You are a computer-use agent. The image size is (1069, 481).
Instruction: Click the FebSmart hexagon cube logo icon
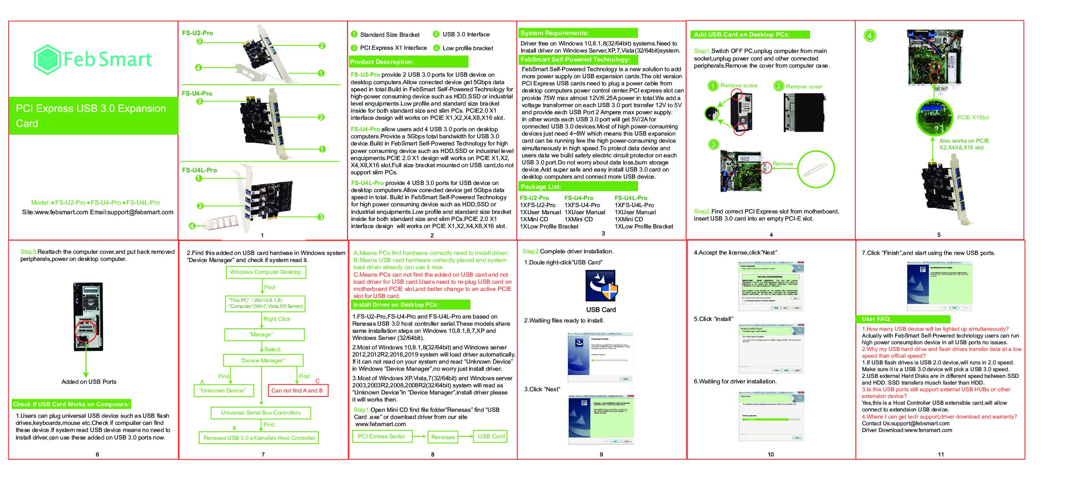click(47, 59)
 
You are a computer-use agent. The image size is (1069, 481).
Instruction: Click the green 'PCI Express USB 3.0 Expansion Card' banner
click(93, 116)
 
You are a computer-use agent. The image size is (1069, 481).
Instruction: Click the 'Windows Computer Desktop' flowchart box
click(265, 272)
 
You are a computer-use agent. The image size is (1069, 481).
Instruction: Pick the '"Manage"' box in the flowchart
click(264, 334)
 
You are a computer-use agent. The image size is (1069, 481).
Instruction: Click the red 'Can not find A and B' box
click(297, 390)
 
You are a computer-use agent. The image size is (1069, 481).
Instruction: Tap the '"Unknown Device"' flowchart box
click(222, 390)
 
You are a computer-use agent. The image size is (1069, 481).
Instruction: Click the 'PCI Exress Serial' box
click(381, 436)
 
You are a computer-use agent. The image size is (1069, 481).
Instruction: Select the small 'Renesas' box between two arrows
click(443, 437)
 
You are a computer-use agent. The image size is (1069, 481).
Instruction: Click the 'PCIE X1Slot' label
click(972, 117)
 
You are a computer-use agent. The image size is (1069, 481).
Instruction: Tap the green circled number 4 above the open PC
click(870, 35)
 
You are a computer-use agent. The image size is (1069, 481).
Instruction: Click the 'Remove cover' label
click(804, 87)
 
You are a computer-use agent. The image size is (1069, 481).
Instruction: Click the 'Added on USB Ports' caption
click(89, 382)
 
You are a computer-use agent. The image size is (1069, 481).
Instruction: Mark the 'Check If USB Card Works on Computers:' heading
click(72, 404)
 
